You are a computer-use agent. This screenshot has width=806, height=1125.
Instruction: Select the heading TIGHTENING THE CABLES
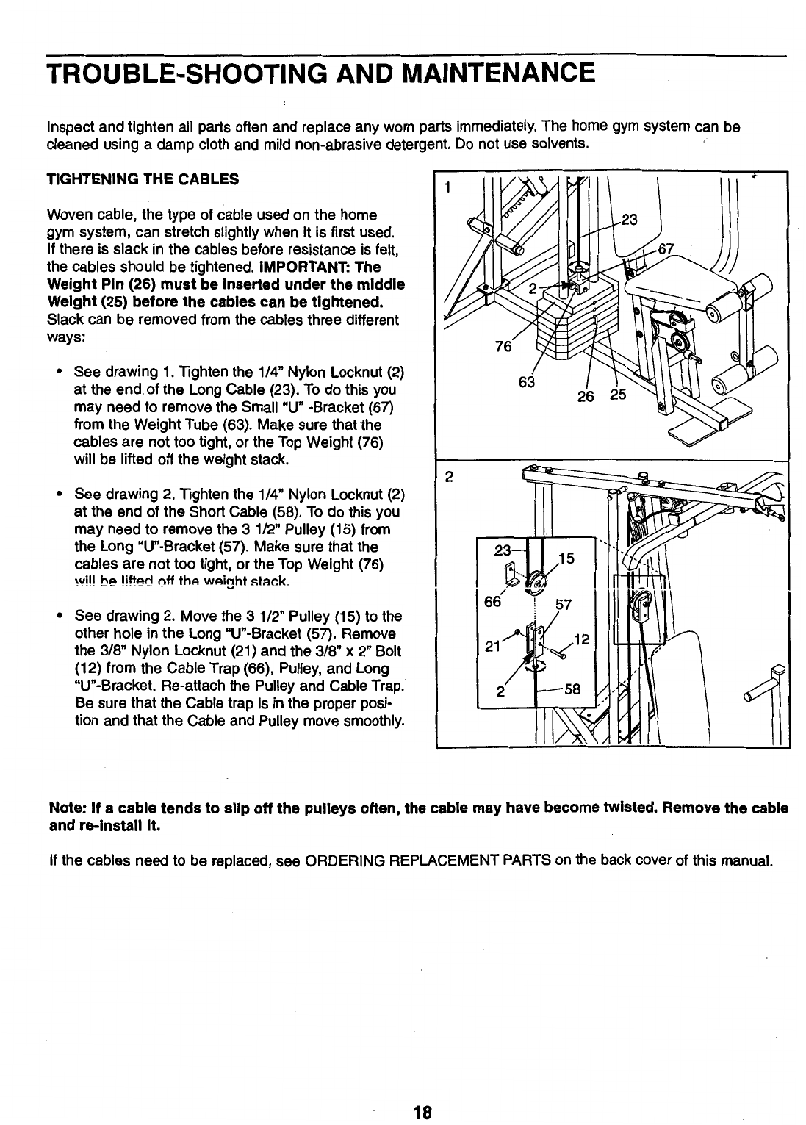pyautogui.click(x=143, y=179)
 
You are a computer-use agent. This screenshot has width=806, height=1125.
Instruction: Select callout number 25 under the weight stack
pyautogui.click(x=618, y=395)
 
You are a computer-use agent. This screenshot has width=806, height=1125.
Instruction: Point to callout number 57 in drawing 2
pyautogui.click(x=562, y=605)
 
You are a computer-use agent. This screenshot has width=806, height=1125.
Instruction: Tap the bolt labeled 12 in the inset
pyautogui.click(x=556, y=649)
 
